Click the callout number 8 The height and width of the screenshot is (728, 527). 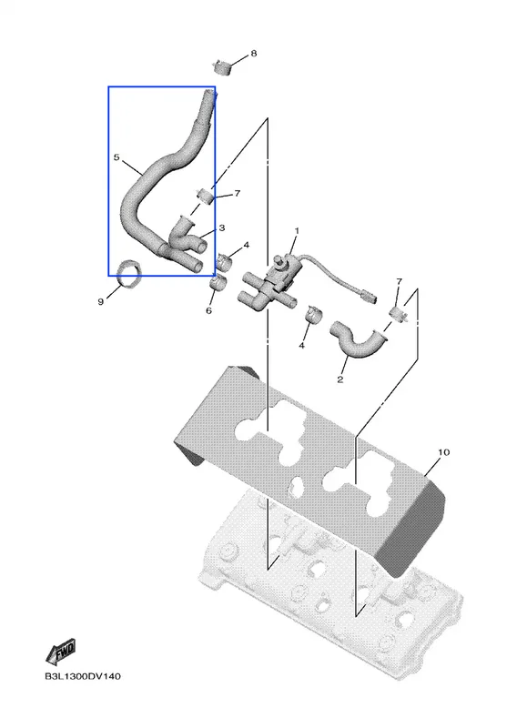tap(254, 54)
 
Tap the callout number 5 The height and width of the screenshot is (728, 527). tap(117, 157)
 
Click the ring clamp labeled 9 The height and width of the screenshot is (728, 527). tap(130, 274)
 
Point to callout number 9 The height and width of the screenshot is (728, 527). tap(101, 302)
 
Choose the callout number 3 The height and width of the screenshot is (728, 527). tap(222, 228)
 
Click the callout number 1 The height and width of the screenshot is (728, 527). tap(297, 231)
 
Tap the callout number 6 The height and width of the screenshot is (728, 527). tap(208, 310)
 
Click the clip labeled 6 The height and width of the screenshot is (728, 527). tap(218, 281)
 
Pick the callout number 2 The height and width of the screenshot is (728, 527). tap(340, 379)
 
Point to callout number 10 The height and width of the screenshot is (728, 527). tap(444, 452)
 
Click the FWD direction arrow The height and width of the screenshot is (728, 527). tap(61, 652)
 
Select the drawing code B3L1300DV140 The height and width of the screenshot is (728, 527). tap(83, 676)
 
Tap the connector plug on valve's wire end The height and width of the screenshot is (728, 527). tap(368, 295)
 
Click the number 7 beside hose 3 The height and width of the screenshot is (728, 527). tap(238, 193)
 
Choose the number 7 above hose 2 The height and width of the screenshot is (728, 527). tap(400, 282)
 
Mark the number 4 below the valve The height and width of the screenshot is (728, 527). tap(302, 346)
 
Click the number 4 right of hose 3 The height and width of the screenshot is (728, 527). tap(246, 245)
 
